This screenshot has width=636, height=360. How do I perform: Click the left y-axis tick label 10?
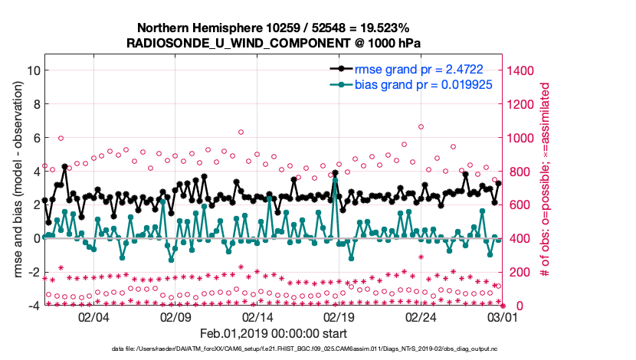pyautogui.click(x=33, y=70)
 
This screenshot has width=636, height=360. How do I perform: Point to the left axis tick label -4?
pyautogui.click(x=33, y=306)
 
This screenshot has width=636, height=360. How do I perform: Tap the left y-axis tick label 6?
pyautogui.click(x=35, y=138)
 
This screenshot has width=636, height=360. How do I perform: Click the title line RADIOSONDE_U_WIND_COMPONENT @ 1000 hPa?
pyautogui.click(x=274, y=43)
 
